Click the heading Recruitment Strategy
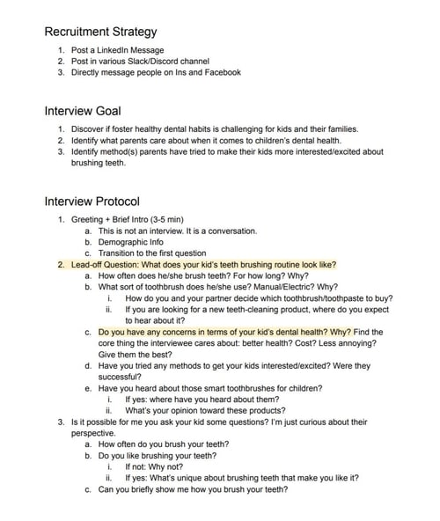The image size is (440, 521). pyautogui.click(x=100, y=32)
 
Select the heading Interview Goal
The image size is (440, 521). pyautogui.click(x=83, y=112)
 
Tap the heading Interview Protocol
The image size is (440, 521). pyautogui.click(x=92, y=202)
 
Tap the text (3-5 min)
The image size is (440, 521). pyautogui.click(x=168, y=219)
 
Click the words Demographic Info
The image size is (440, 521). pyautogui.click(x=130, y=242)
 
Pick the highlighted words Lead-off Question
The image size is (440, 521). pyautogui.click(x=105, y=264)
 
